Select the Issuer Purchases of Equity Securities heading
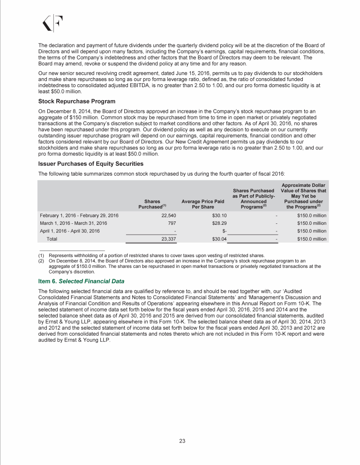[90, 163]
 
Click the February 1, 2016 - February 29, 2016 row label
[78, 215]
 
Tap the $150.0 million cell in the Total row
[312, 239]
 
